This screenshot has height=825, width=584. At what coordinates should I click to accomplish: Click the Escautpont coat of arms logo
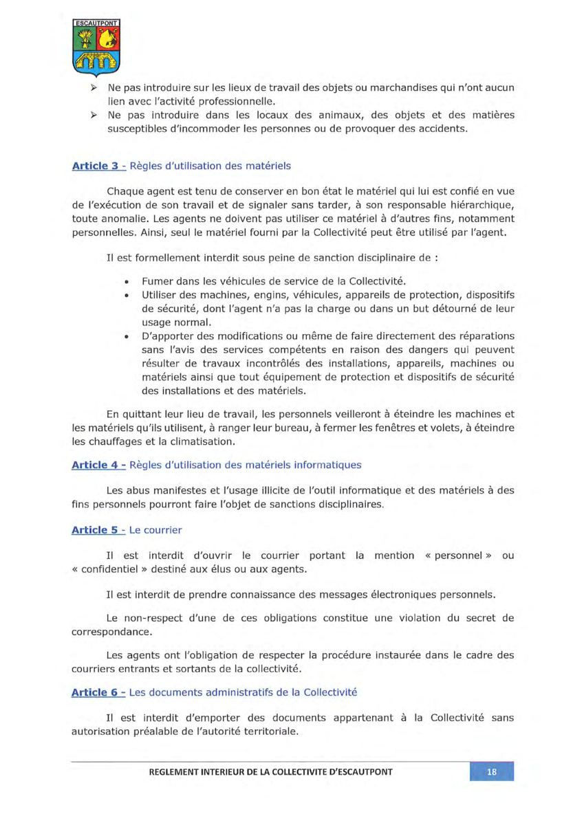tap(96, 47)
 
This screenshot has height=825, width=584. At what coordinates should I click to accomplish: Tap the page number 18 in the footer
tap(491, 771)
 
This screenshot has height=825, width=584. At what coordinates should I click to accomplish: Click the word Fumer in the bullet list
tap(157, 281)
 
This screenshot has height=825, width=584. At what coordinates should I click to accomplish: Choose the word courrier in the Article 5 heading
tap(160, 531)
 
